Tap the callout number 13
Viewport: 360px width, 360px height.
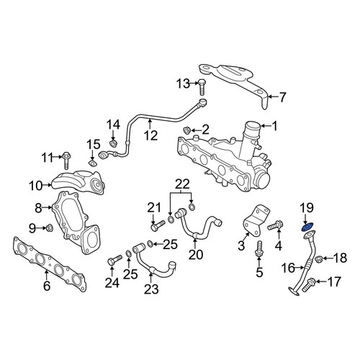183,84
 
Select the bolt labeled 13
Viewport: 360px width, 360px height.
202,87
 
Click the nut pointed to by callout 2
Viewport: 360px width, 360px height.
186,130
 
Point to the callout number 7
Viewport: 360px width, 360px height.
282,97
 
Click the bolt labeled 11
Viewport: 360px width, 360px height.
66,161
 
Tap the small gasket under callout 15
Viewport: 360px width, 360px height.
93,163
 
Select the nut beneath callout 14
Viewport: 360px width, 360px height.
113,143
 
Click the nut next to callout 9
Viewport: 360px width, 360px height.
50,228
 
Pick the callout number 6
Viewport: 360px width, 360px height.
47,285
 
